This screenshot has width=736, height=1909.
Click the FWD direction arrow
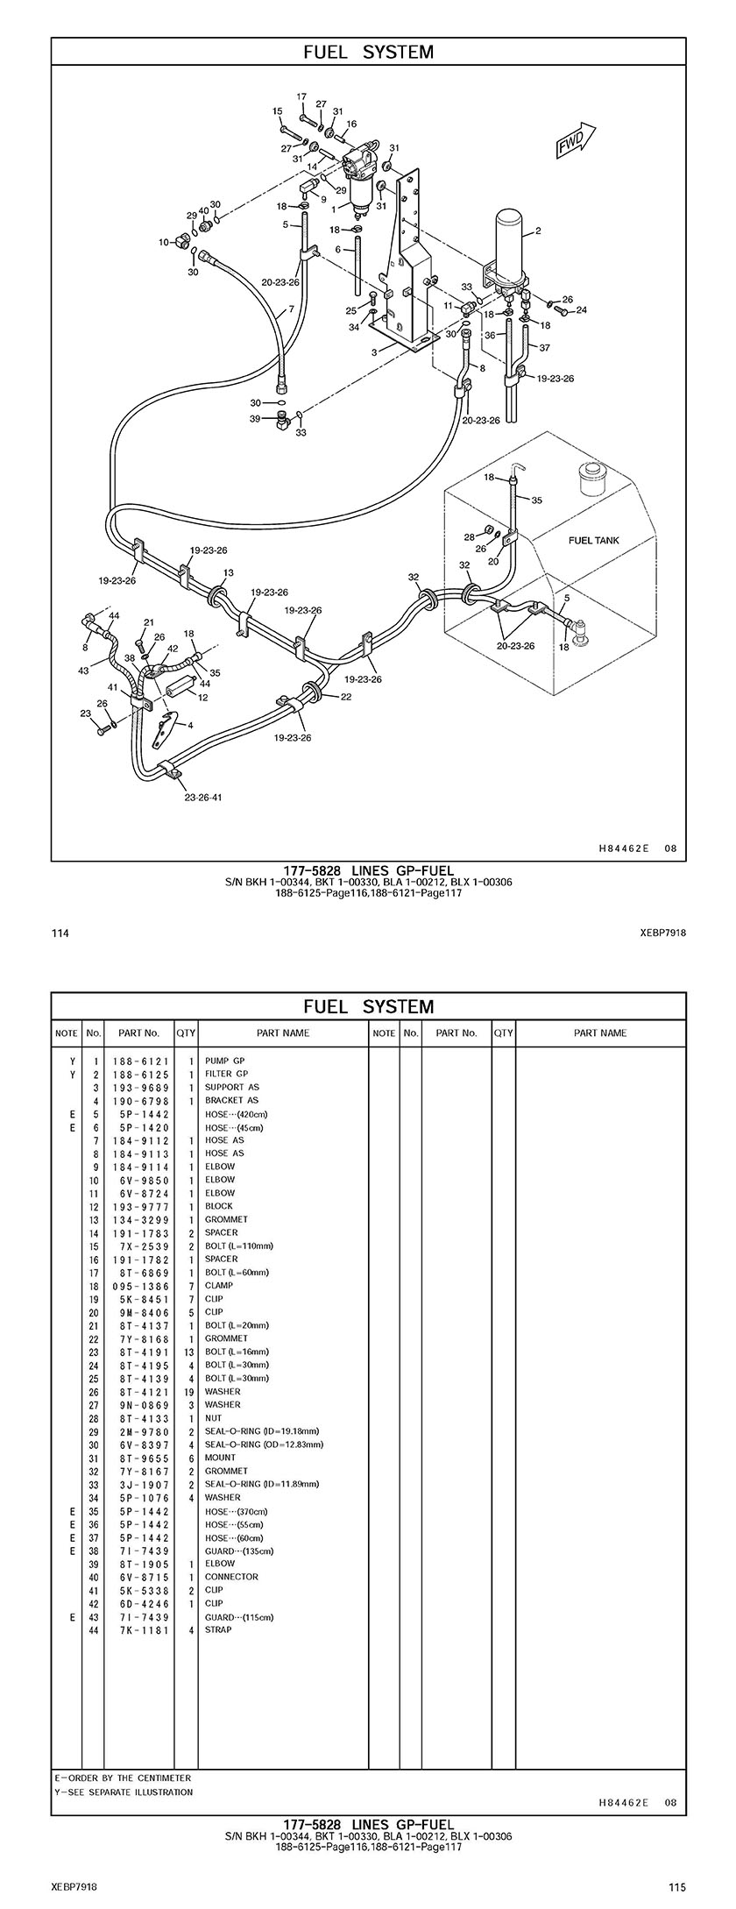575,141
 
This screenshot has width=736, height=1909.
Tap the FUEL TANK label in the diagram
593,540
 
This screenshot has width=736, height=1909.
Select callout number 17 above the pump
301,96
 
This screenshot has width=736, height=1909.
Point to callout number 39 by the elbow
255,419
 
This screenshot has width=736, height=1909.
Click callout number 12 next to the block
202,698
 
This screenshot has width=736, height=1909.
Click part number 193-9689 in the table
140,1087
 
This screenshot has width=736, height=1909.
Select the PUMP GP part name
225,1061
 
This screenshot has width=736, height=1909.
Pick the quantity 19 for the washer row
188,1391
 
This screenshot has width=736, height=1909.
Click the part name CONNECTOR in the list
231,1576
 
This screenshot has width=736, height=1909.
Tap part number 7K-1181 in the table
140,1629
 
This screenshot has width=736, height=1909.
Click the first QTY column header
186,1033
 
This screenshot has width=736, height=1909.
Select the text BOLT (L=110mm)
239,1245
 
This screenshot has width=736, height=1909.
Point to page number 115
676,1887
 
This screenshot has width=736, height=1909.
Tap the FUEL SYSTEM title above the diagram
368,52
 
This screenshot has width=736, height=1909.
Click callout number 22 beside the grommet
346,697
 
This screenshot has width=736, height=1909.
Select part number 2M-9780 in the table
140,1430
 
